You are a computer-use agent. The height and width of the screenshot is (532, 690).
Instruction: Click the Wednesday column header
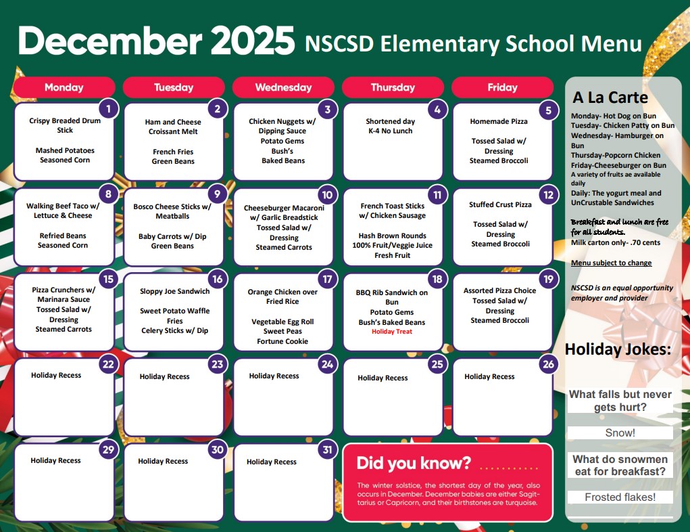pyautogui.click(x=283, y=87)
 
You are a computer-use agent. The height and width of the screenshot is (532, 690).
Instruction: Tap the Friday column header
pyautogui.click(x=502, y=87)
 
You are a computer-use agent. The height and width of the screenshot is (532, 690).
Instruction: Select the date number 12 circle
pyautogui.click(x=547, y=196)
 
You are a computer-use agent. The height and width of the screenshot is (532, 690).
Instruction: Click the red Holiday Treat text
pyautogui.click(x=392, y=332)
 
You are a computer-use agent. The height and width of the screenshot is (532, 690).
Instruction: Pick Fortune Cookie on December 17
pyautogui.click(x=282, y=341)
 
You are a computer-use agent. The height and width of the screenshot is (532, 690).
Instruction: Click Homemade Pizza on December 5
pyautogui.click(x=499, y=121)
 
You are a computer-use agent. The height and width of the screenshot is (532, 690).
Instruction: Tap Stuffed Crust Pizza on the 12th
pyautogui.click(x=500, y=204)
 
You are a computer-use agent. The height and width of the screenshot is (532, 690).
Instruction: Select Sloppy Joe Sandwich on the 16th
pyautogui.click(x=175, y=291)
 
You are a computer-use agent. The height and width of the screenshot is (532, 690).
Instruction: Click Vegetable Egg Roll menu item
pyautogui.click(x=282, y=322)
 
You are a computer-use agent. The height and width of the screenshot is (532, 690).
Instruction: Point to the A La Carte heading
pyautogui.click(x=610, y=97)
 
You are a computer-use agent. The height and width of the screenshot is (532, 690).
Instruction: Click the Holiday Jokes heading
pyautogui.click(x=618, y=349)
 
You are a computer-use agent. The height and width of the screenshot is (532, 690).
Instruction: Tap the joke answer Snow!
pyautogui.click(x=620, y=433)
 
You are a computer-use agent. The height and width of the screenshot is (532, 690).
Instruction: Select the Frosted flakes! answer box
pyautogui.click(x=620, y=497)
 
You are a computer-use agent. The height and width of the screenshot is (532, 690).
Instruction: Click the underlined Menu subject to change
pyautogui.click(x=611, y=263)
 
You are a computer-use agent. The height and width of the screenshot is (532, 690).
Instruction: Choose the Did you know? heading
pyautogui.click(x=414, y=464)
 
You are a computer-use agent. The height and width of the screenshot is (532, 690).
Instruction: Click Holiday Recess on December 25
pyautogui.click(x=383, y=378)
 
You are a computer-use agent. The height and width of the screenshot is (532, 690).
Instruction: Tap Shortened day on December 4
pyautogui.click(x=391, y=121)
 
